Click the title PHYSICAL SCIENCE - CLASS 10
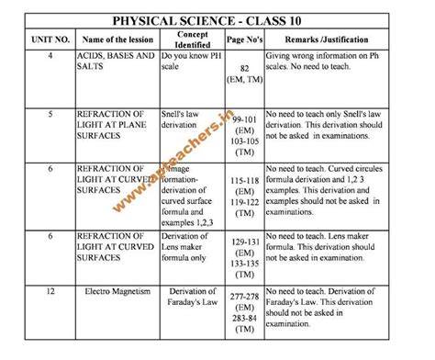[217, 17]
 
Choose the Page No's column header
[245, 39]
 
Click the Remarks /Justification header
[340, 39]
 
